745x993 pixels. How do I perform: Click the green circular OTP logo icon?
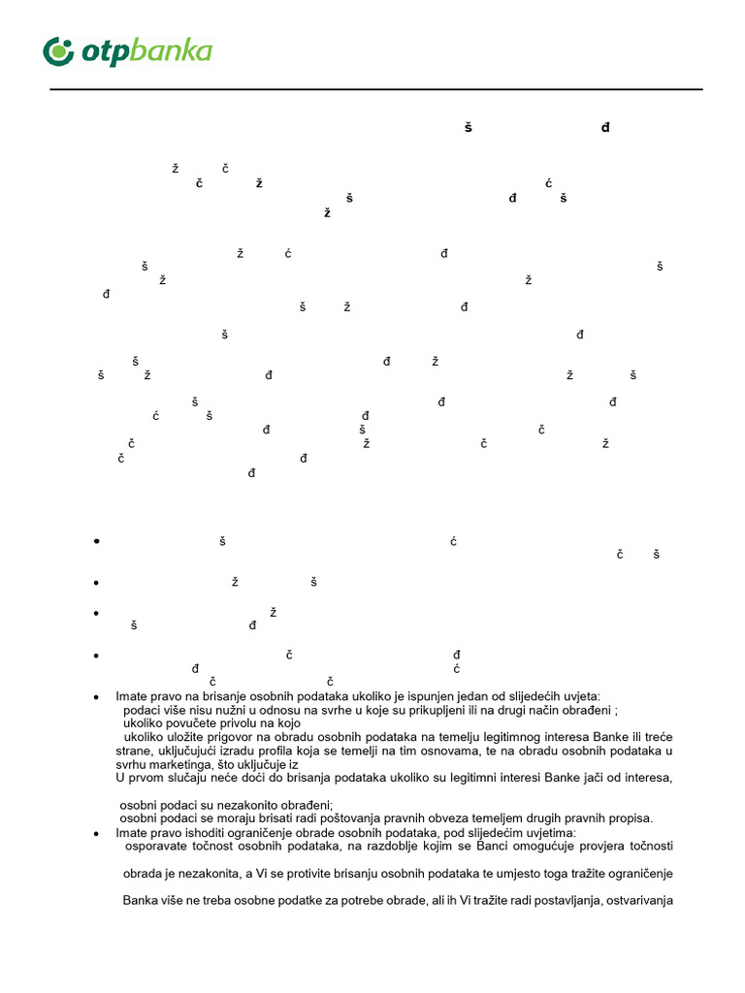[59, 50]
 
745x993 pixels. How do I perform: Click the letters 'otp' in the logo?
[102, 52]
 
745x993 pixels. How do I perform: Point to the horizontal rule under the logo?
[376, 89]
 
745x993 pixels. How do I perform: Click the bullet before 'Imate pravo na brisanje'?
[96, 697]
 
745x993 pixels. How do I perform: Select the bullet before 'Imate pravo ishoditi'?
[96, 833]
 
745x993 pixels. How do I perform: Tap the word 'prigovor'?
[220, 737]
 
